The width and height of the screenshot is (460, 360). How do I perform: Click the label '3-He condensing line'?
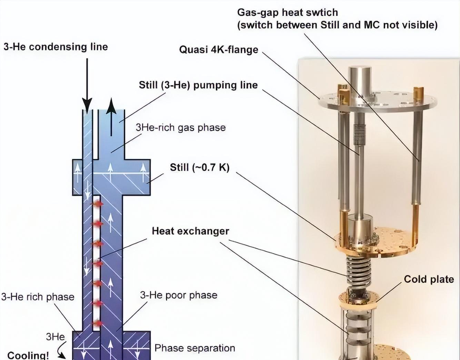pyautogui.click(x=56, y=47)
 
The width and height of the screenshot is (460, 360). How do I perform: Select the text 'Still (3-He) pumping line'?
pyautogui.click(x=198, y=85)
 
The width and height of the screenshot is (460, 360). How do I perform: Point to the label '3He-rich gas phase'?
pyautogui.click(x=181, y=128)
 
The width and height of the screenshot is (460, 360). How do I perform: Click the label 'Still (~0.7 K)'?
pyautogui.click(x=200, y=167)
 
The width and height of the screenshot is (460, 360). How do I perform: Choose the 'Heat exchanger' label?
pyautogui.click(x=191, y=231)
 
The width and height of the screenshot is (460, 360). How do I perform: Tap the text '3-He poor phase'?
pyautogui.click(x=179, y=295)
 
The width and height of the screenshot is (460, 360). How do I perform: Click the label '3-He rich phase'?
pyautogui.click(x=38, y=297)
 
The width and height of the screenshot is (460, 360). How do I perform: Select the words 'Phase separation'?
pyautogui.click(x=195, y=348)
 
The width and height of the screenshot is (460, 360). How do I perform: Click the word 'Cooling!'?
pyautogui.click(x=28, y=355)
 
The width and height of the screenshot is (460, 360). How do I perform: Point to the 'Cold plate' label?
pyautogui.click(x=429, y=279)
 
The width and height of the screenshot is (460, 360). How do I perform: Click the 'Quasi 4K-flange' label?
pyautogui.click(x=219, y=50)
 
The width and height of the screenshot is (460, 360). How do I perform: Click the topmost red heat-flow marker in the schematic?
pyautogui.click(x=97, y=204)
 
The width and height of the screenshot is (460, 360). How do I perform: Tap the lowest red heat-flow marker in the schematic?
pyautogui.click(x=97, y=323)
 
